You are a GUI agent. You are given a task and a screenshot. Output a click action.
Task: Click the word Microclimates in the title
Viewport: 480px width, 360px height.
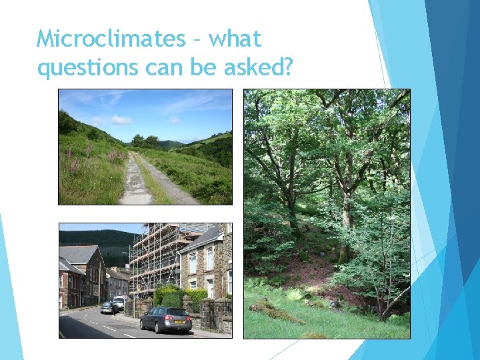(111, 39)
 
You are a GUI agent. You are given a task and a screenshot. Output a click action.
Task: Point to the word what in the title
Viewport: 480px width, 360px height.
(235, 39)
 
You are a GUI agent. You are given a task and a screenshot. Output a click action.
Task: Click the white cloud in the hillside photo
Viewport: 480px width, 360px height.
(121, 119)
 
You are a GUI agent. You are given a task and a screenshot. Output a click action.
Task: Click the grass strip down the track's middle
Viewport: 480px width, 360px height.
(151, 180)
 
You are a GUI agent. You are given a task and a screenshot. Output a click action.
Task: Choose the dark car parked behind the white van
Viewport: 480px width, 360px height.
(108, 307)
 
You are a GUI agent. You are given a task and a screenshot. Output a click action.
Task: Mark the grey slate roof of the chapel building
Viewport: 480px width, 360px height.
(79, 254)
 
